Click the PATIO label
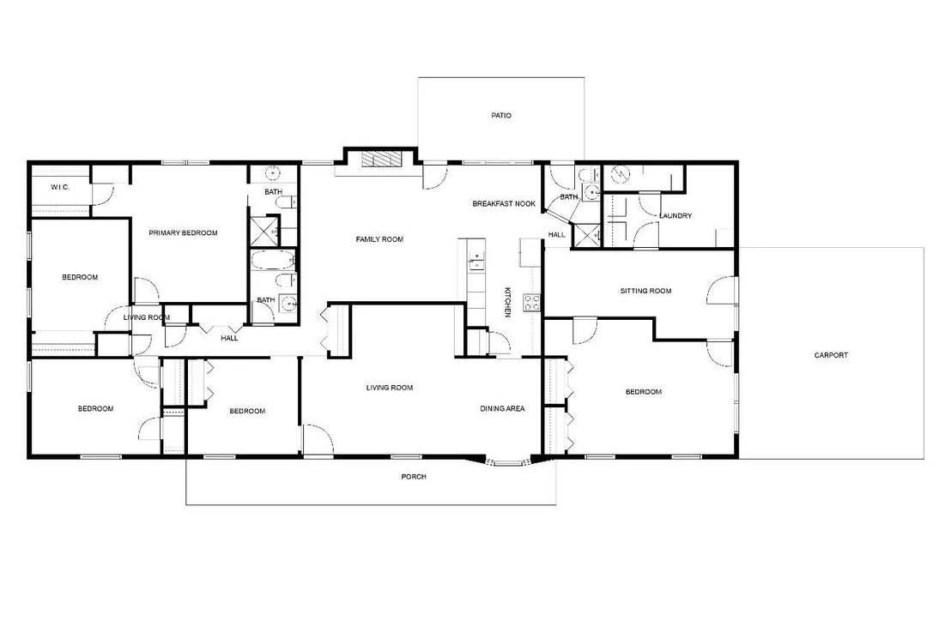tap(501, 115)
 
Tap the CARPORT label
tap(831, 355)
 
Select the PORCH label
tap(414, 477)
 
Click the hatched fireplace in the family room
tap(382, 159)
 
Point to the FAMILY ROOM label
tap(379, 239)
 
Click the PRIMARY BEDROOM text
tap(183, 232)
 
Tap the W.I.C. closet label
tap(60, 187)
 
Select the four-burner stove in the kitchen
tap(532, 303)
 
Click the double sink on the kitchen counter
tap(476, 261)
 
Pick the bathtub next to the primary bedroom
tap(272, 261)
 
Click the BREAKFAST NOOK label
tap(504, 204)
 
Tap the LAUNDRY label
tap(675, 216)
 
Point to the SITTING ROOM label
tap(646, 291)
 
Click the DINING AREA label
tap(502, 408)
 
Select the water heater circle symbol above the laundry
tap(621, 175)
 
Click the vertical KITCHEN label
tap(507, 302)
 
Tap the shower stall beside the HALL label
tap(587, 235)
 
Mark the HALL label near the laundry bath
tap(557, 235)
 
